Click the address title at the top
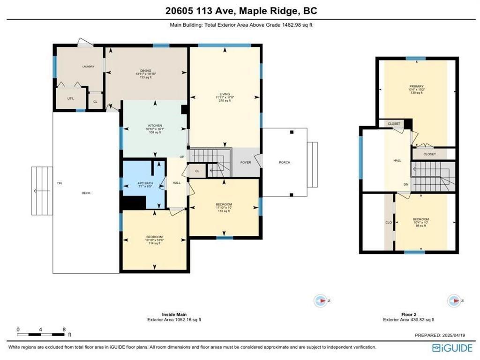coord(240,11)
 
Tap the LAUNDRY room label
coord(88,67)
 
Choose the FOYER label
coord(246,163)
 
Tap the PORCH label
coord(284,163)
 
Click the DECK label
coord(85,193)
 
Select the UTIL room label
coord(71,98)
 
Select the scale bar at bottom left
coord(41,332)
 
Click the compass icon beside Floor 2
coord(454,300)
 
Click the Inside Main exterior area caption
coord(175,317)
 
